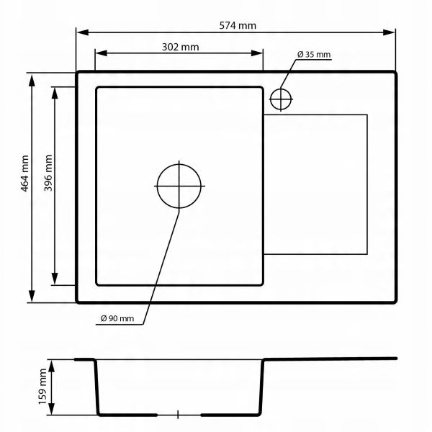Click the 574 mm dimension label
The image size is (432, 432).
[x=238, y=26]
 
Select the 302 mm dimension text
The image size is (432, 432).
[x=180, y=47]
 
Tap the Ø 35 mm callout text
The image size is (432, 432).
[x=314, y=54]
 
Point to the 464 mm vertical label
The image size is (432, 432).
[x=24, y=174]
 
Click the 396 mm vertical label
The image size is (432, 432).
[x=48, y=173]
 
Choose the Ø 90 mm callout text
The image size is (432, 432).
[x=117, y=318]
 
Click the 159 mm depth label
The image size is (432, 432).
[x=42, y=386]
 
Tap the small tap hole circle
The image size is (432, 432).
[x=281, y=99]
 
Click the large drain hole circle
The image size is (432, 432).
[x=179, y=186]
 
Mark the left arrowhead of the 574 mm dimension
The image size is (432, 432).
[x=83, y=32]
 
